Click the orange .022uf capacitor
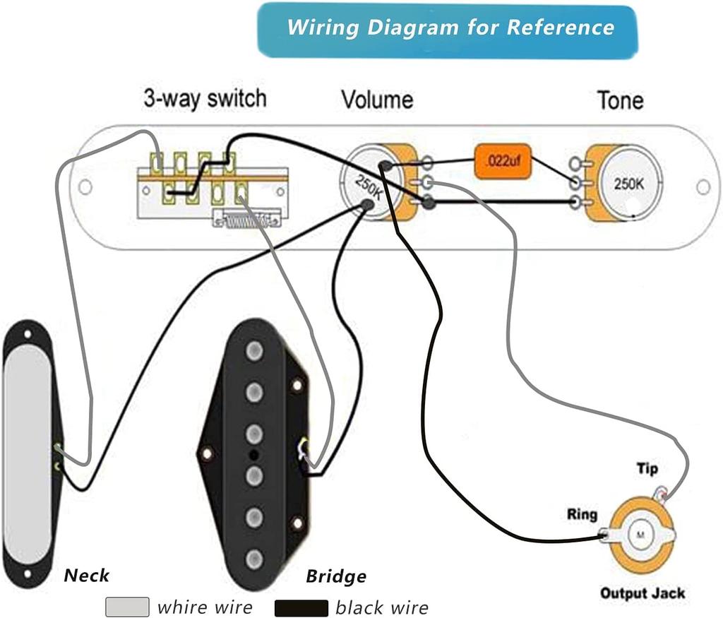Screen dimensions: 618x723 [x=502, y=162]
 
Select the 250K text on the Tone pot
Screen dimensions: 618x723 [x=628, y=184]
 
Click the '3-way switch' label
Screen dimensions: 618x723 [x=205, y=98]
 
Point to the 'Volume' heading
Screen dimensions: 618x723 [x=377, y=100]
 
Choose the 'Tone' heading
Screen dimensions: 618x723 [x=620, y=100]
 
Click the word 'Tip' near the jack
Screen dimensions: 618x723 [x=647, y=469]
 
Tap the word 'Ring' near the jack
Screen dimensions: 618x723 [x=581, y=515]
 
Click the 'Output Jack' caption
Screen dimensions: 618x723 [x=642, y=593]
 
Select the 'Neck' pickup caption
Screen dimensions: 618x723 [x=87, y=575]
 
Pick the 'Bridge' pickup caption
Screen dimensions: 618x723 [x=336, y=576]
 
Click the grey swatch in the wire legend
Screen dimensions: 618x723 [x=127, y=607]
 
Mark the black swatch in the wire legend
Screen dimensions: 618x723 [x=301, y=607]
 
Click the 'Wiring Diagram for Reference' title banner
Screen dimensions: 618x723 [x=448, y=29]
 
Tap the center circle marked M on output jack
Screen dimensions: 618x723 [x=641, y=535]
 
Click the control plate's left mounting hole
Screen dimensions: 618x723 [x=85, y=187]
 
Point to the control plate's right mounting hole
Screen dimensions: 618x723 [x=703, y=186]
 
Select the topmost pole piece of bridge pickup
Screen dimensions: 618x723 [x=254, y=351]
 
